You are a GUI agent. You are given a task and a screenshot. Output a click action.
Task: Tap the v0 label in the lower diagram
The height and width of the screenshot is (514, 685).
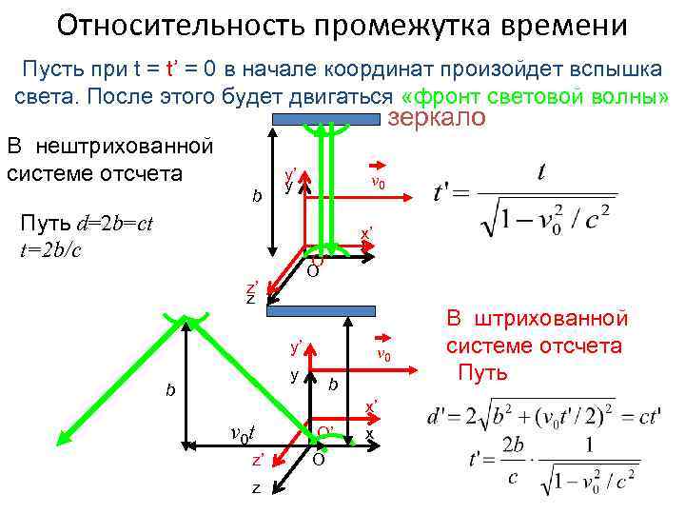point(382,355)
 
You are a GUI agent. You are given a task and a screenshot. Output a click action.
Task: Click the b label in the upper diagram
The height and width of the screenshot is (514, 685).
point(256,197)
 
